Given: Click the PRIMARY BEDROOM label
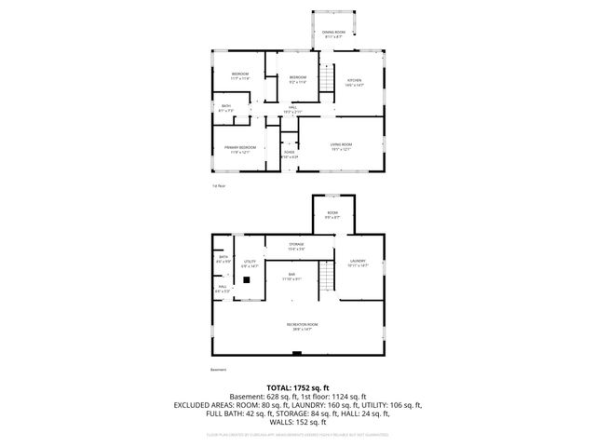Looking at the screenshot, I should click(239, 150).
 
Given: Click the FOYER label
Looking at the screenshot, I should click(290, 155).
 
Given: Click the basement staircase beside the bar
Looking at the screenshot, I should click(326, 277).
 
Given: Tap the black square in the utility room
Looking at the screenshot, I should click(248, 278).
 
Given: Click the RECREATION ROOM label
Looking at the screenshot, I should click(298, 326).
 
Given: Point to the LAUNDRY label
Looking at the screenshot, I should click(358, 264).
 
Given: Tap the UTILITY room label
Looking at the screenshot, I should click(249, 264).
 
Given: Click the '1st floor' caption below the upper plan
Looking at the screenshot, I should click(218, 186).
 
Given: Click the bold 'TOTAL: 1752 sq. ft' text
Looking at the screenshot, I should click(298, 386).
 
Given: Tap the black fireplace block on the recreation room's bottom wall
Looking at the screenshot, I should click(297, 353).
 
